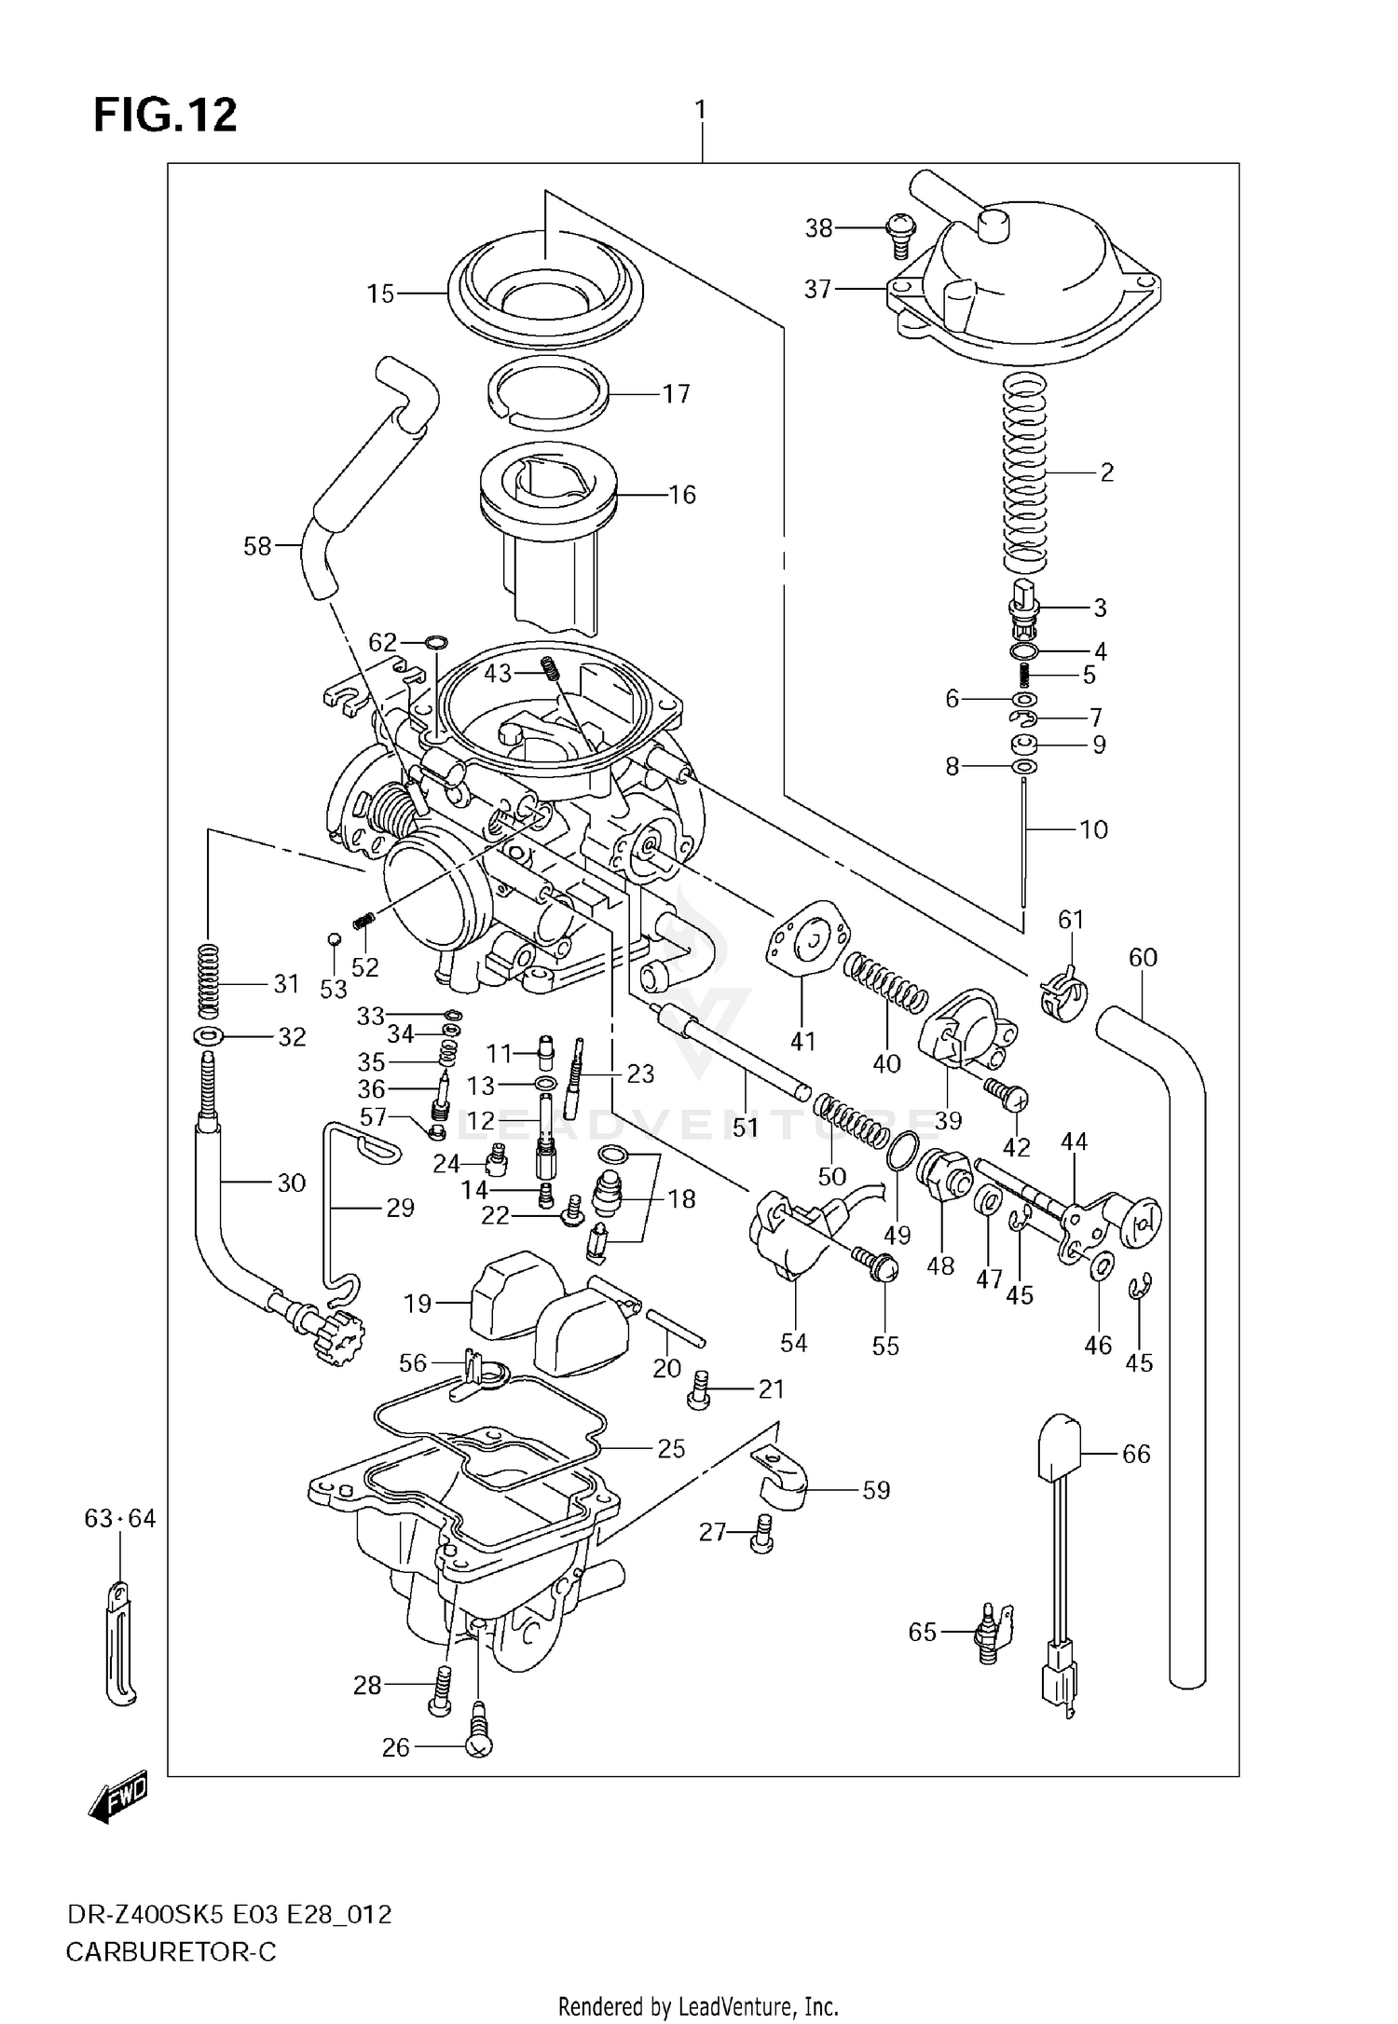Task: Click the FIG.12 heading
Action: [x=165, y=116]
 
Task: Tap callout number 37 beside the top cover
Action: [x=817, y=290]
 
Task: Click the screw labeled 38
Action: [x=899, y=235]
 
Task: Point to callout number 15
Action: [x=380, y=294]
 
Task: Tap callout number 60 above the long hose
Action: [x=1143, y=957]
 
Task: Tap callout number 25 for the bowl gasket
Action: [x=671, y=1448]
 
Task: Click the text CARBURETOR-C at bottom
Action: [x=171, y=1949]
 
